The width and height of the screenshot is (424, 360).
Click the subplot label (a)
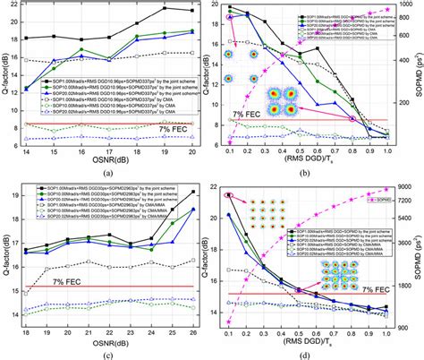[106, 171]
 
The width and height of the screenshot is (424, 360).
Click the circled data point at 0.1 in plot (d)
[228, 194]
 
